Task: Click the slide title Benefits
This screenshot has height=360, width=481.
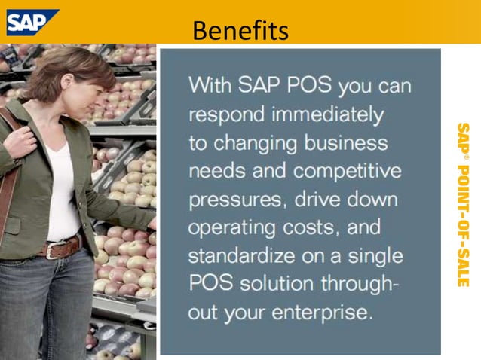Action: (240, 29)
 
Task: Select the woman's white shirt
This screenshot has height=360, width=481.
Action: (64, 192)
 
